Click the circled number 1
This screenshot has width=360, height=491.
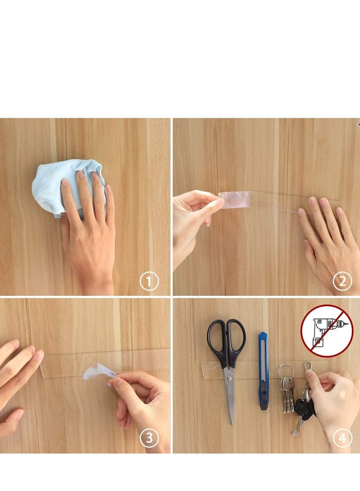tap(149, 282)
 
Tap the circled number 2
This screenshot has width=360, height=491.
tap(342, 282)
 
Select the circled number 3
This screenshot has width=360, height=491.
tap(149, 438)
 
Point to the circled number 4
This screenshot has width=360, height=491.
tap(342, 438)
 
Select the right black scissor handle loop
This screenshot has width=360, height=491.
tap(237, 337)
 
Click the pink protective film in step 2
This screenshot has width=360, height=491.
tap(234, 199)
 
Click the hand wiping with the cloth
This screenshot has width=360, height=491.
tap(88, 225)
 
